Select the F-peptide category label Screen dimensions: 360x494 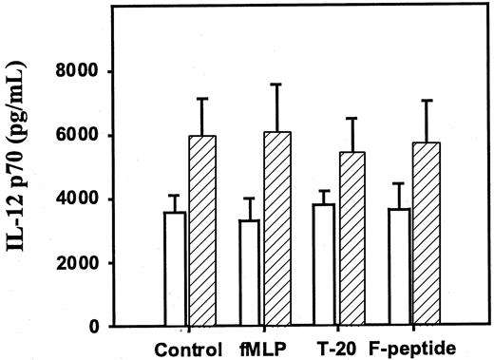tap(411, 347)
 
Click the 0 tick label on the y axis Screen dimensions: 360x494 tap(96, 327)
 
